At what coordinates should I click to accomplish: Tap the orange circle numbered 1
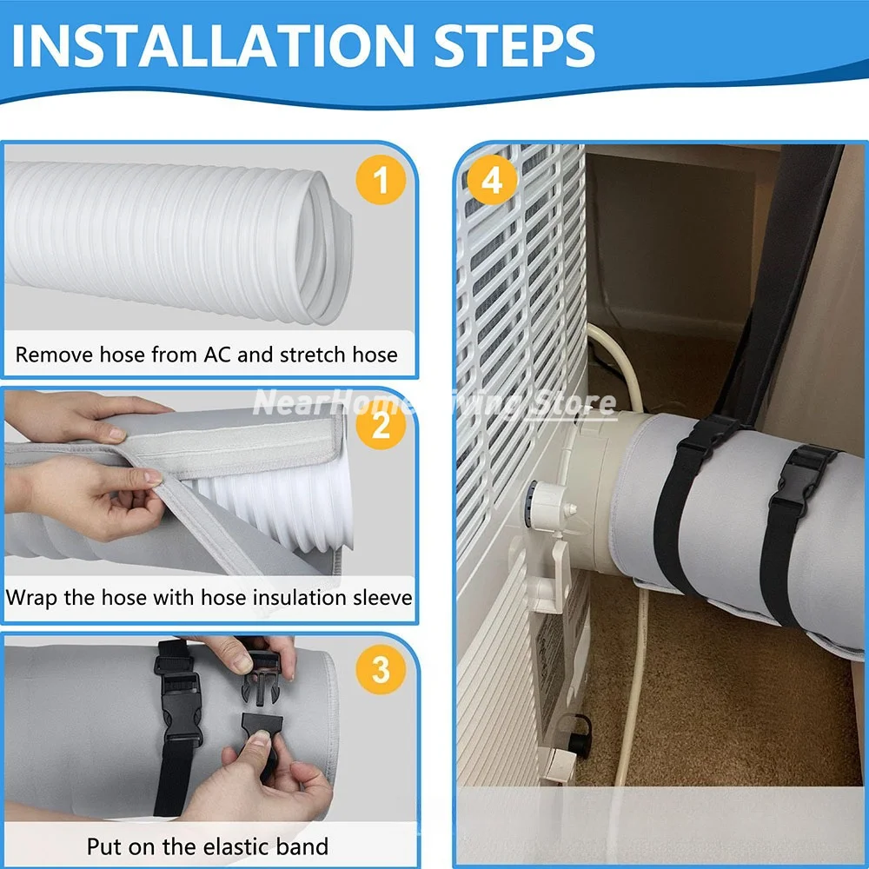pyautogui.click(x=381, y=180)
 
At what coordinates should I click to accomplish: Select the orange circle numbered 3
pyautogui.click(x=381, y=669)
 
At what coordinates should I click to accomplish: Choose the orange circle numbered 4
pyautogui.click(x=492, y=180)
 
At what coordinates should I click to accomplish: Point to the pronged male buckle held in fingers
pyautogui.click(x=262, y=679)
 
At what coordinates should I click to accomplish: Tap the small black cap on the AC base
pyautogui.click(x=580, y=734)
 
